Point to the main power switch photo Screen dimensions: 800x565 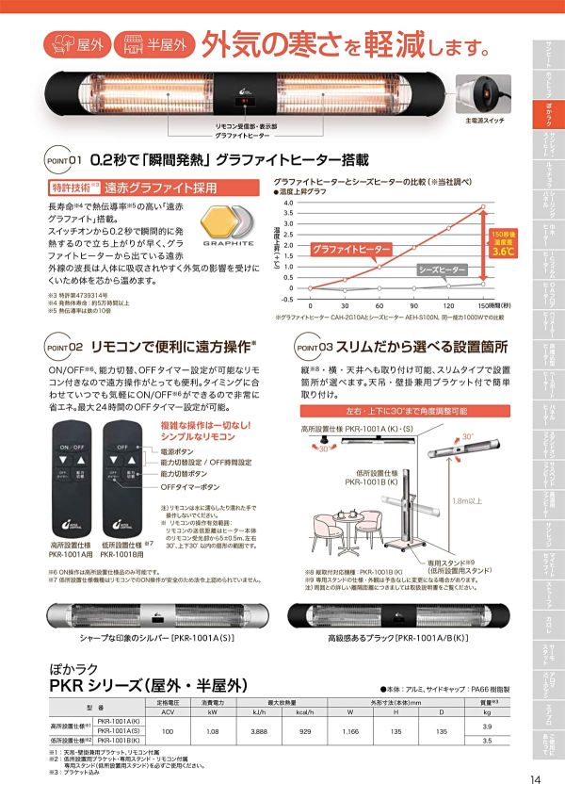point(483,95)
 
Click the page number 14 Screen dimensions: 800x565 point(536,779)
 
